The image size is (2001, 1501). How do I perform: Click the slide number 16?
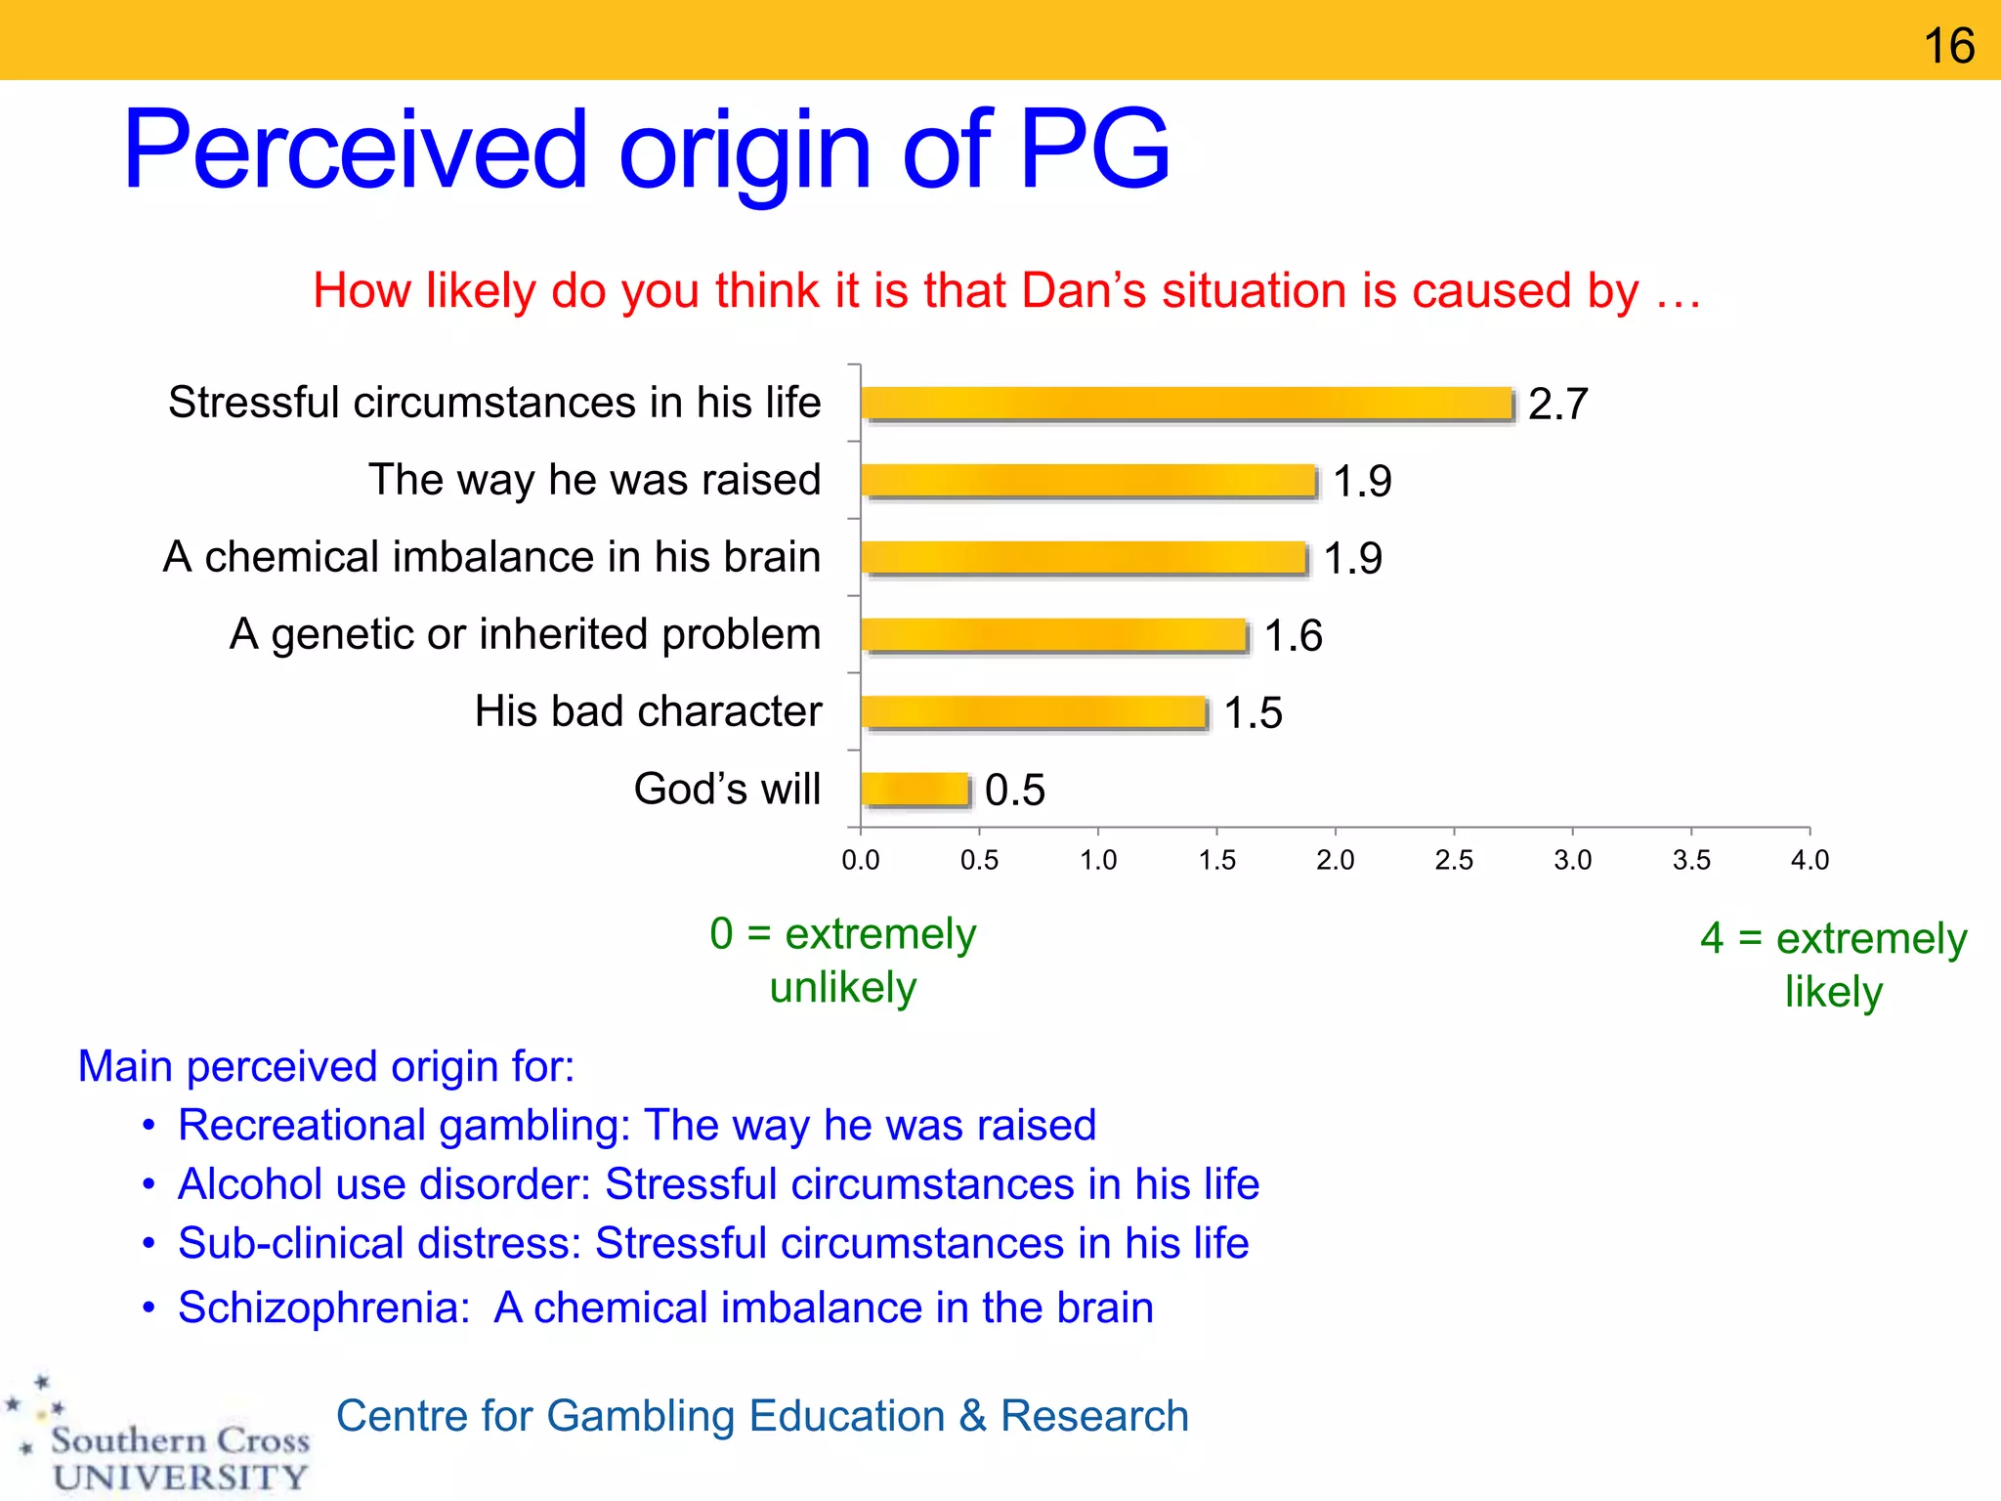1948,46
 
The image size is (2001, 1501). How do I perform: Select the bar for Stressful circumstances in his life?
1187,404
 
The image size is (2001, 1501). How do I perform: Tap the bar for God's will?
915,790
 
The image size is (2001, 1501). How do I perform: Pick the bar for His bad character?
1034,712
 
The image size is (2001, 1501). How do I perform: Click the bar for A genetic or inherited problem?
1054,635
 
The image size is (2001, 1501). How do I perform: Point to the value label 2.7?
1557,404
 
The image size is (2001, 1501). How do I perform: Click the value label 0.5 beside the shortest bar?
1014,790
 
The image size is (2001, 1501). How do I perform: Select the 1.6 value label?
1293,636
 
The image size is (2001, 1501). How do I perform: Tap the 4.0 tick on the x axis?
1809,860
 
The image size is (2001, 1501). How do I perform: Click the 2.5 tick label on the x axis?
1454,860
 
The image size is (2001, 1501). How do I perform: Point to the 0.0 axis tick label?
860,860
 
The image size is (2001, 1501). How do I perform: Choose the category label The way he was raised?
594,480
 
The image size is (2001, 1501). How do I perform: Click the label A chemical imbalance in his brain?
491,557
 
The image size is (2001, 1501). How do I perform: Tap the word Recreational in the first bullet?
308,1126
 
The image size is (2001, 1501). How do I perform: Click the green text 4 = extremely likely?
1833,965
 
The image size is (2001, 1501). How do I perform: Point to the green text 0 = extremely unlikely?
842,961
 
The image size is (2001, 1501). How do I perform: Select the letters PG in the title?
1094,150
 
